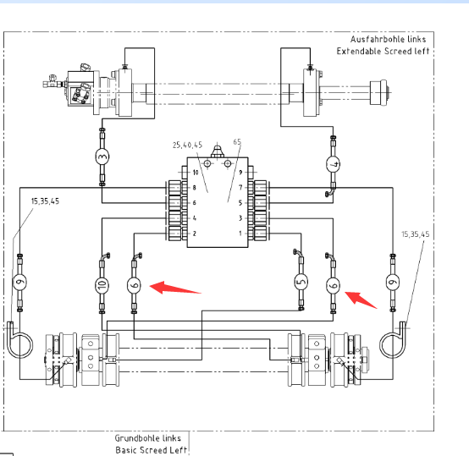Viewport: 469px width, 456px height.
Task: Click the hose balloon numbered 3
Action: coord(102,157)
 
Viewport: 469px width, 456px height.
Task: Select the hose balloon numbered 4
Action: coord(333,164)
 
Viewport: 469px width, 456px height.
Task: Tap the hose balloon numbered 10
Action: coord(102,285)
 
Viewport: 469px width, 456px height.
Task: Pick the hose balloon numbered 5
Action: coord(301,282)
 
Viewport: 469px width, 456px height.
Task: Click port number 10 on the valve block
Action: coord(196,173)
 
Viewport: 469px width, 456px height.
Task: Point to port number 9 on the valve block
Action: coord(240,172)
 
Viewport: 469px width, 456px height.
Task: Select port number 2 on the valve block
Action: coord(195,233)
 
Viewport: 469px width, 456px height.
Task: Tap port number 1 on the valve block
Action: coord(240,233)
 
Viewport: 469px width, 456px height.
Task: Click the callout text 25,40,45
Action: coord(188,146)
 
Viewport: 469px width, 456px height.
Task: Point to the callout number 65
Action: coord(237,141)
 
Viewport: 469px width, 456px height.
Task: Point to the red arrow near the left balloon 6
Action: coord(175,288)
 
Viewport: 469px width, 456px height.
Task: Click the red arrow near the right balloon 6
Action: coord(361,299)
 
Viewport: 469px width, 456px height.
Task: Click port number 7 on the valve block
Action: coord(240,187)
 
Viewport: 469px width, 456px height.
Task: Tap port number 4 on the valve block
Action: coord(195,218)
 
